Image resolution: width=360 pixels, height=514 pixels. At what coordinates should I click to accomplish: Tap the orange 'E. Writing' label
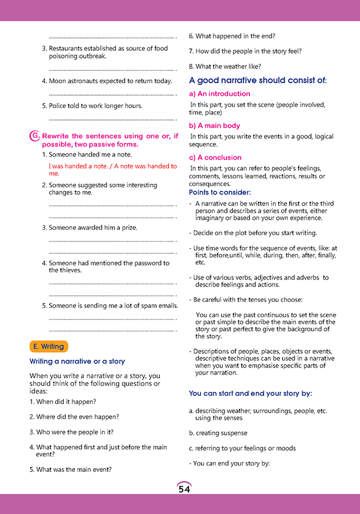[49, 347]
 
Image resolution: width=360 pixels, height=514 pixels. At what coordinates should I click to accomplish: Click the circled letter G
[35, 136]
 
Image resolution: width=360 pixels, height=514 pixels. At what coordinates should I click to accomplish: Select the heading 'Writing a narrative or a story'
[77, 361]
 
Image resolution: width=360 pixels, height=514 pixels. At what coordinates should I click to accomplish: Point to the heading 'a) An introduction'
[219, 94]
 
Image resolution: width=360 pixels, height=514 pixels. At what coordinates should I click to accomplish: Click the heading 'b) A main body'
[215, 126]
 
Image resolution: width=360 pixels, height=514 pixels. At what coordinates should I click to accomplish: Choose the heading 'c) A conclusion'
[215, 158]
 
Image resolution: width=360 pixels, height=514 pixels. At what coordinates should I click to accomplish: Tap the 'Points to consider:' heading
[220, 193]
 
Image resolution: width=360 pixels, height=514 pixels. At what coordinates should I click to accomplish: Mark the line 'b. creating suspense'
[218, 433]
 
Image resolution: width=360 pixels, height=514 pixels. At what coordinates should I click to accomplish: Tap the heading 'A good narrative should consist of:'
[258, 80]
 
